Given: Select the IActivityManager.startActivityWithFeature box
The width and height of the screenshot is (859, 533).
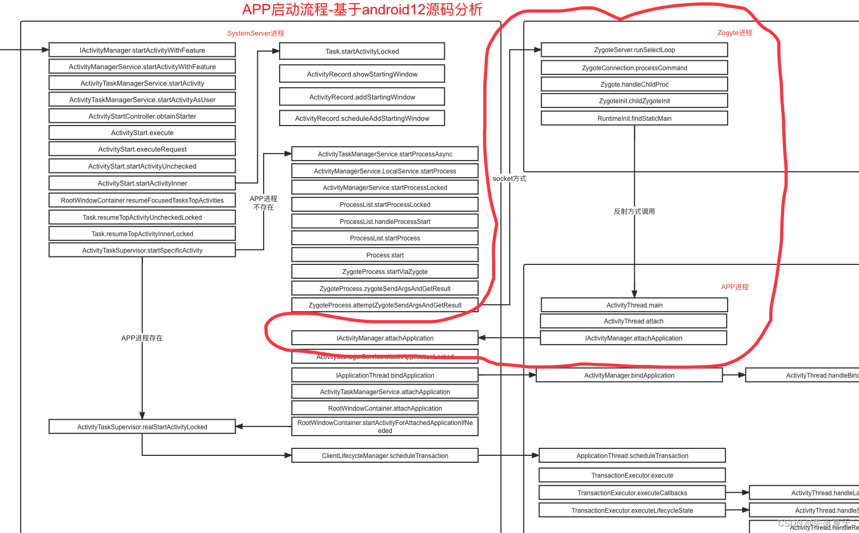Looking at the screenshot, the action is [x=142, y=50].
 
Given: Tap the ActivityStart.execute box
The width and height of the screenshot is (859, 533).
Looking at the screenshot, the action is [x=142, y=132].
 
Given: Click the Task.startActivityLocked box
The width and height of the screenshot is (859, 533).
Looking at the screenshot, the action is [x=362, y=51].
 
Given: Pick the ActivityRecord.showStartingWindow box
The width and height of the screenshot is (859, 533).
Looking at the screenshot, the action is [x=362, y=74].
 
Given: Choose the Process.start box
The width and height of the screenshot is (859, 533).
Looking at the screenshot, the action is [x=385, y=255].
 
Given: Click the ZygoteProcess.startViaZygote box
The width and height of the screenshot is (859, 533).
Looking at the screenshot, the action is [x=385, y=271].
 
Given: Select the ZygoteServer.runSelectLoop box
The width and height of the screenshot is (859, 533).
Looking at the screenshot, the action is [x=634, y=50].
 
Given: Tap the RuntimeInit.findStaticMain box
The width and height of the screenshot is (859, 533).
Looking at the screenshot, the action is [x=634, y=118].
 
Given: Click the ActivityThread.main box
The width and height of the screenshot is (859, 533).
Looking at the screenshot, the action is [x=634, y=305].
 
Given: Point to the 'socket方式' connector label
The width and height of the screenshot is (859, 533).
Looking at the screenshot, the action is [x=509, y=179].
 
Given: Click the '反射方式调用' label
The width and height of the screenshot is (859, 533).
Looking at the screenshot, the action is [x=634, y=211].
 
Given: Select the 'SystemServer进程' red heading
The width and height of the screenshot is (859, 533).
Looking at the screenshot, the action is [x=256, y=33].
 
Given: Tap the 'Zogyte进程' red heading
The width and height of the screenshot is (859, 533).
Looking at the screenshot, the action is [x=735, y=32].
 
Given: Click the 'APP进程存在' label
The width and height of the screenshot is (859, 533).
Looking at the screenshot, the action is [x=142, y=338].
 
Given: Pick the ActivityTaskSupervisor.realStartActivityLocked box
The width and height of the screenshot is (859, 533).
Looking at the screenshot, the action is [x=142, y=427].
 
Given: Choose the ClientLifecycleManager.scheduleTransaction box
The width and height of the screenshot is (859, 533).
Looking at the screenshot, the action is [x=385, y=455].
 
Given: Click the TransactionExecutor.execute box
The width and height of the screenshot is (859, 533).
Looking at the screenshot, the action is [x=632, y=475].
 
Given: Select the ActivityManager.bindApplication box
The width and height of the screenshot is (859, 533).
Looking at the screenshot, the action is [x=629, y=375].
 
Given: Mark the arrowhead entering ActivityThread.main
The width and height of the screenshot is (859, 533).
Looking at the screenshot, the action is [x=634, y=294].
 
